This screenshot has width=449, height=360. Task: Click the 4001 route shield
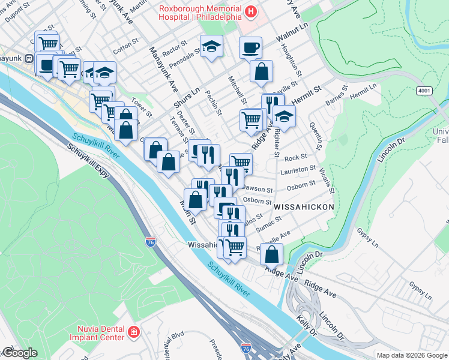424,89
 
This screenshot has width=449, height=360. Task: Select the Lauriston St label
300,172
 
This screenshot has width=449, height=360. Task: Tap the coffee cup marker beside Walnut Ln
250,47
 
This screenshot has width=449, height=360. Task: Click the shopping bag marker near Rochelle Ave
272,253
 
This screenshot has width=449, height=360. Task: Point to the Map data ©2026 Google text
411,355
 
